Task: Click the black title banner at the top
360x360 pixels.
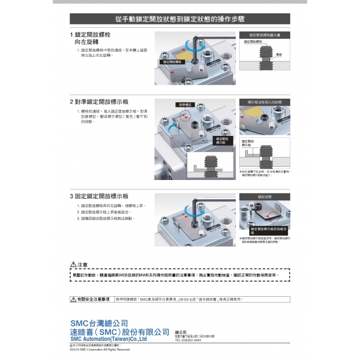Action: [179, 19]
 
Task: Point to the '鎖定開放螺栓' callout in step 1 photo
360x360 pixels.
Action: [173, 61]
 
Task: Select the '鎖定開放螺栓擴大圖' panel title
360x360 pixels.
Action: [264, 35]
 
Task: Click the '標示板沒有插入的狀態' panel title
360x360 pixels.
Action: [264, 102]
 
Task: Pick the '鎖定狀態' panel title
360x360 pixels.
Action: [264, 197]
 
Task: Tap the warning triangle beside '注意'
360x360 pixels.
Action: [73, 265]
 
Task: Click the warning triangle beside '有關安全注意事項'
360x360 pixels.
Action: [73, 299]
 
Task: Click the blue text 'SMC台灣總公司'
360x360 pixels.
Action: [99, 323]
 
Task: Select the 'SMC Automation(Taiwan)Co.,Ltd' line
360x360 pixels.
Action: [108, 339]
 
